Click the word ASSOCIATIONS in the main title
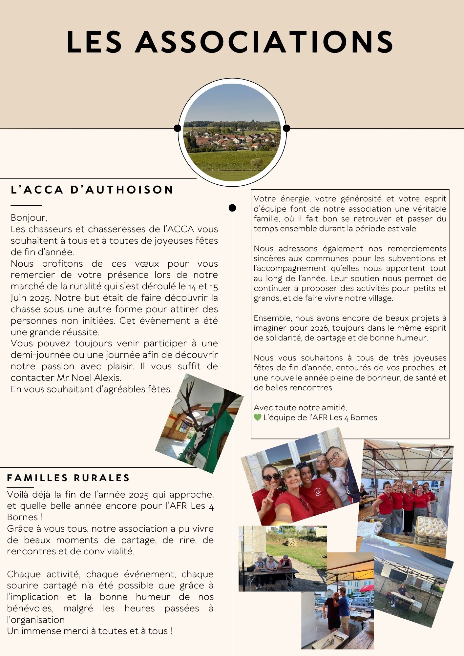coord(264,42)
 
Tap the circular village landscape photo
coord(232,132)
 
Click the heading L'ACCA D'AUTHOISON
coord(92,190)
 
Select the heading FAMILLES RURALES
coord(69,478)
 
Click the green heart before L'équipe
coord(258,418)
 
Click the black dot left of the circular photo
coord(178,128)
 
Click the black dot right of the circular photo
coord(286,128)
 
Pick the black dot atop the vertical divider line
coord(232,208)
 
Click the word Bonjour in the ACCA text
coord(28,218)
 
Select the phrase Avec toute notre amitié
coord(300,408)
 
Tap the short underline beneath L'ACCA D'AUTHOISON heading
coord(26,205)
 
